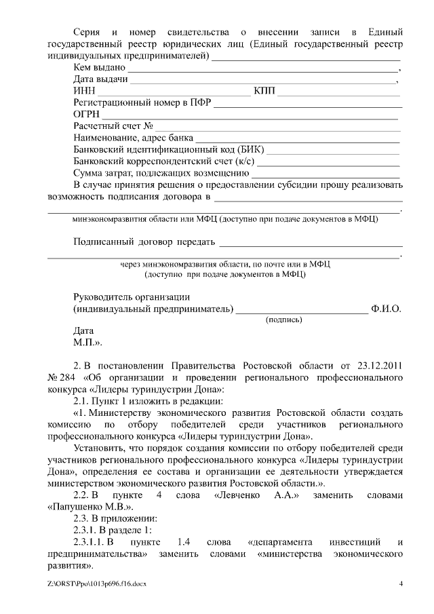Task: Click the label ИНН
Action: coord(84,92)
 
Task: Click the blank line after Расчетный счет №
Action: coord(278,128)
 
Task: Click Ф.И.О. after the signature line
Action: coord(387,309)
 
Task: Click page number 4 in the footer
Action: coord(401,584)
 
